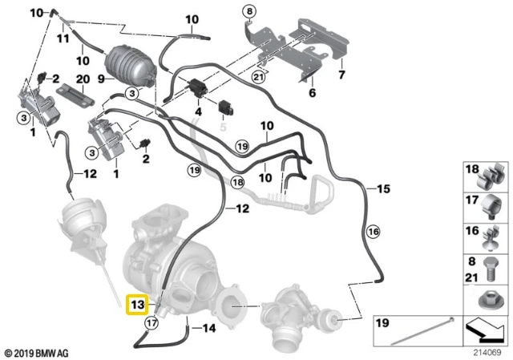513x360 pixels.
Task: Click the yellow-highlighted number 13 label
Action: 137,305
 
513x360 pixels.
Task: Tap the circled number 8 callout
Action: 249,12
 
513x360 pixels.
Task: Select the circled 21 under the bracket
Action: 258,77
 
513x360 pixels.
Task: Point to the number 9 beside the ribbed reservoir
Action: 101,79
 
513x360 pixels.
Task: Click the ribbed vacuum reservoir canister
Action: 130,67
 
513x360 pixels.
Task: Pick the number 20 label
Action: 83,79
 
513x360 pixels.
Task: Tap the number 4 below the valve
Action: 199,111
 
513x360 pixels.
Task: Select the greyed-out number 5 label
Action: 223,127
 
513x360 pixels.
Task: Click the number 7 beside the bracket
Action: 341,75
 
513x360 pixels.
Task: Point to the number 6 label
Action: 313,93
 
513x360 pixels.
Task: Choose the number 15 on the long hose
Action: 383,189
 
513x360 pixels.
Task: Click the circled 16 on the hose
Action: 374,232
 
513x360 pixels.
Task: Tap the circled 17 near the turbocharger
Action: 151,323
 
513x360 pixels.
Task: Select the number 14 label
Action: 208,328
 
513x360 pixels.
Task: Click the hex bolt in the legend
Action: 490,269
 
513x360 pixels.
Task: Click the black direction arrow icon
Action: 486,330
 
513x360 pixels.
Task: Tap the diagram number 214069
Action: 487,353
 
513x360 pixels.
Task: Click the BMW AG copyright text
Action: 37,354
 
